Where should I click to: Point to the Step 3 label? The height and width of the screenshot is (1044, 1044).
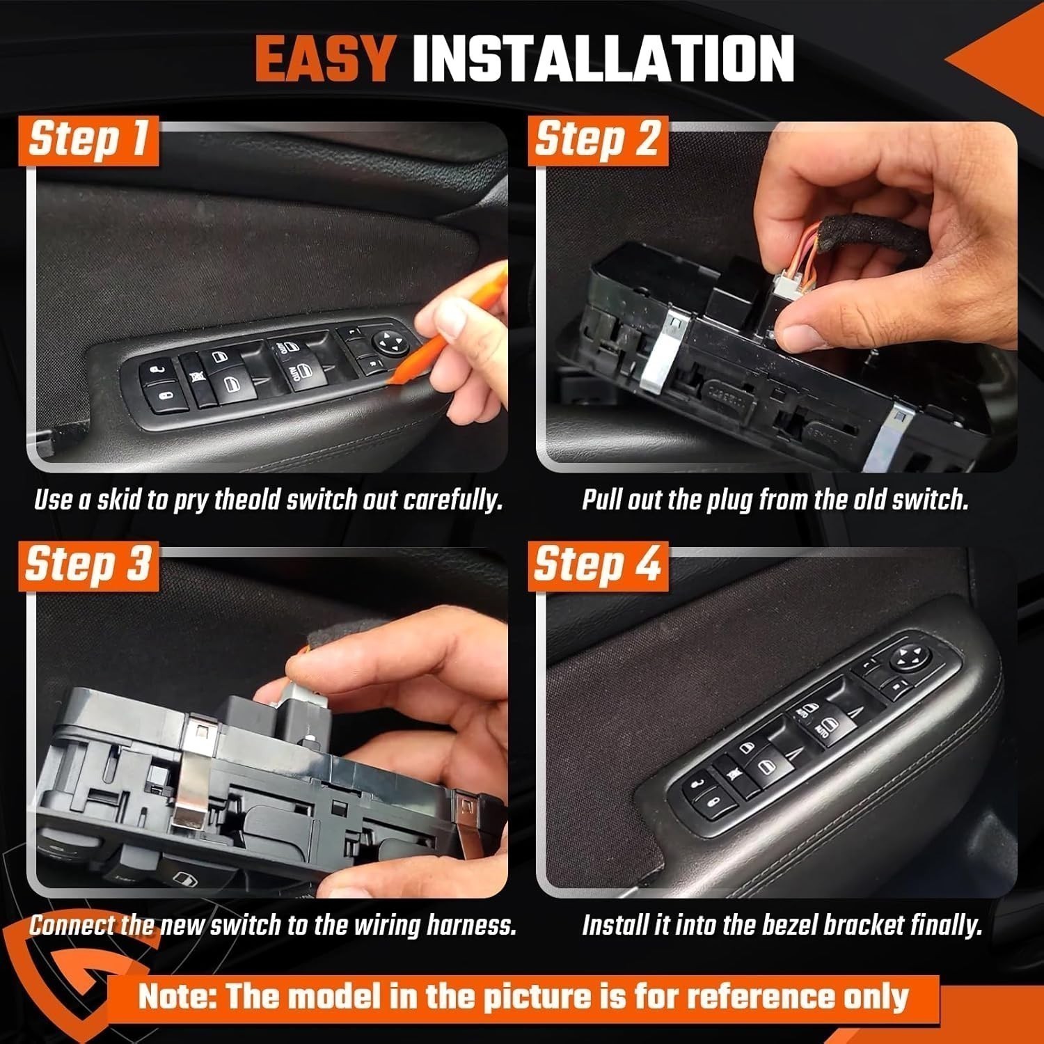[88, 564]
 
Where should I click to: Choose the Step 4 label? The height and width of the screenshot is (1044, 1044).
[597, 564]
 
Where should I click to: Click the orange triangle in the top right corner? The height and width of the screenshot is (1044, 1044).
[1002, 63]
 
